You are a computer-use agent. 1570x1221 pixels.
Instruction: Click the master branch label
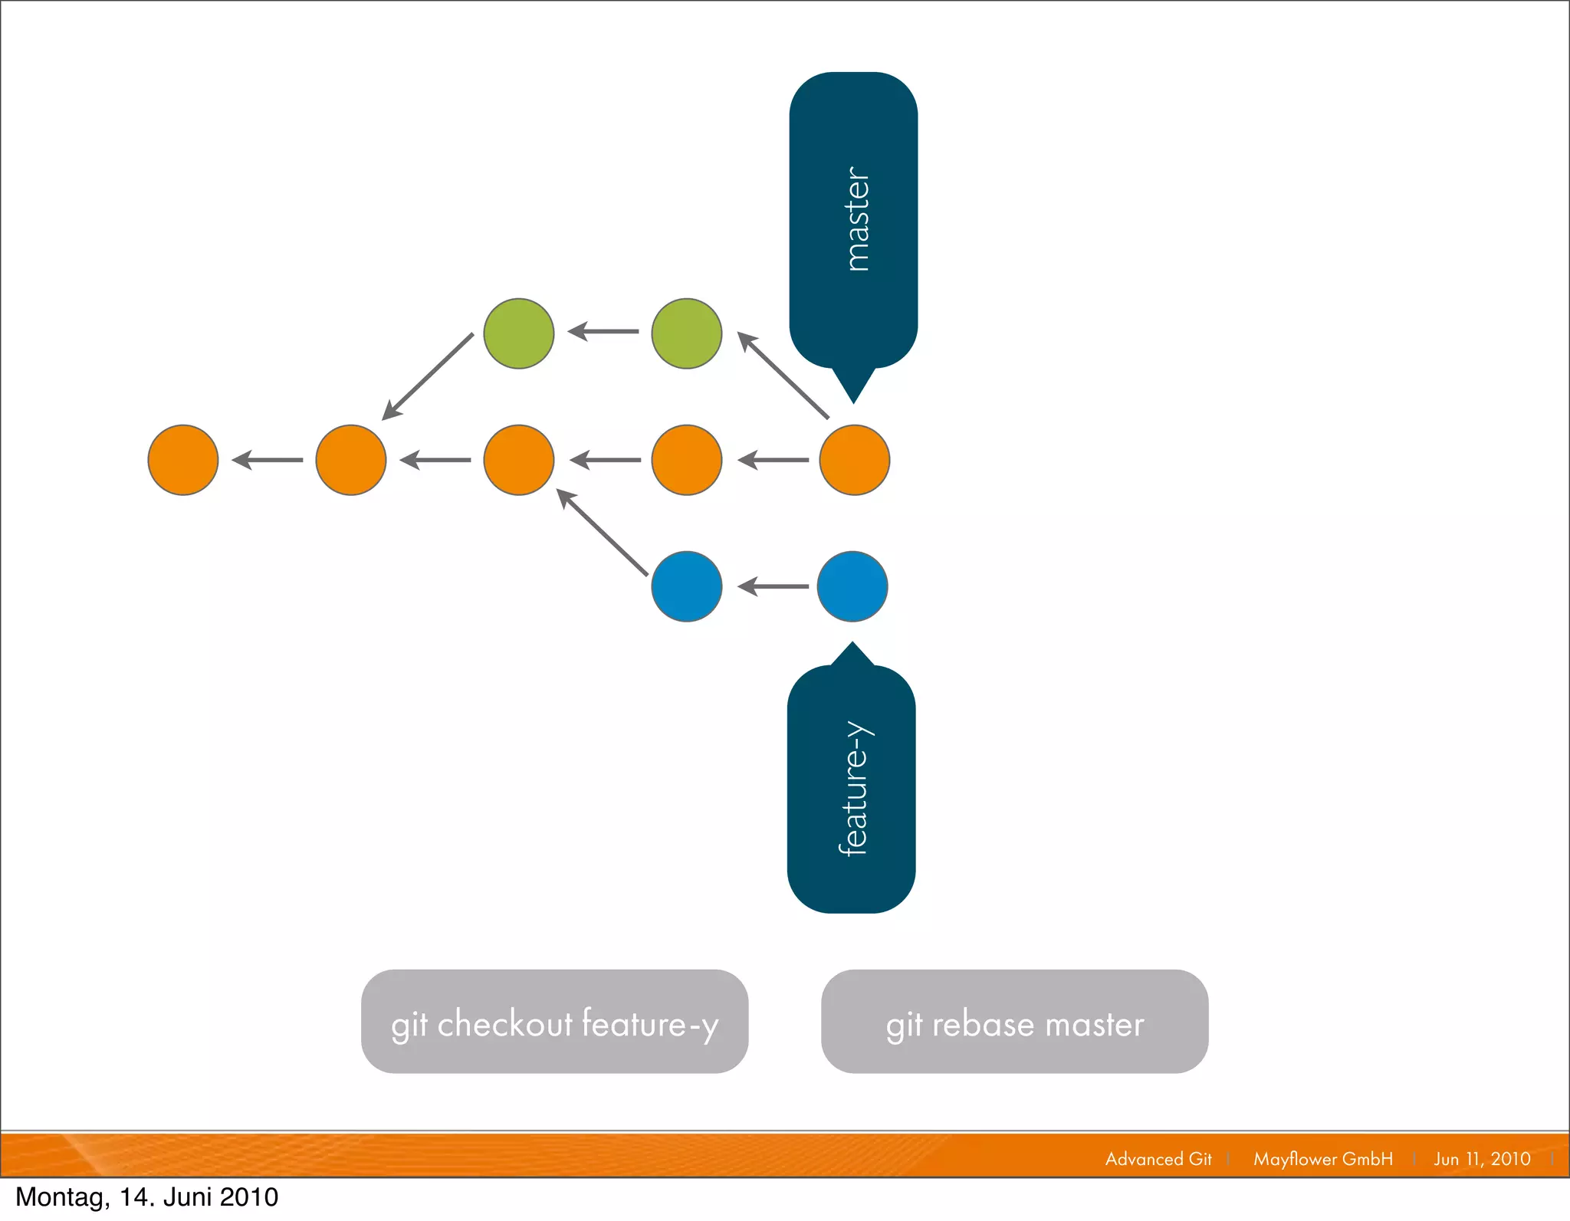tap(853, 220)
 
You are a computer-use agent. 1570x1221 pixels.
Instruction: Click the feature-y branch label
tap(852, 789)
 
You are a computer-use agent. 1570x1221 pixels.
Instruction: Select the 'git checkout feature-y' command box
tap(554, 1022)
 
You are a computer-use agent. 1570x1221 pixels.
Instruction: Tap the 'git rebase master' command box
tap(1014, 1022)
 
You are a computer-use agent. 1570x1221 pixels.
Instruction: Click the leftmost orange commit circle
tap(183, 460)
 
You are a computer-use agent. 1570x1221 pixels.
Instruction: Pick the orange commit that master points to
tap(854, 460)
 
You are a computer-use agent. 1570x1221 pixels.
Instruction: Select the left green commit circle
tap(519, 333)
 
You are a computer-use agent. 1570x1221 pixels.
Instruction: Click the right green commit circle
tap(687, 333)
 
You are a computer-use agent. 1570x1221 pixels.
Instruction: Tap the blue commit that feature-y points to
tap(852, 586)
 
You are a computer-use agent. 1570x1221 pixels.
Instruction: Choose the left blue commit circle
tap(687, 586)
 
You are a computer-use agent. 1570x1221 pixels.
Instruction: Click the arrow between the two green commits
tap(603, 332)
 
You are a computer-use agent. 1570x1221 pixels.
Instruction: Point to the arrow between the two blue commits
tap(773, 586)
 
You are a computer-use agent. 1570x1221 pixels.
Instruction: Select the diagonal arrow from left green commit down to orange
tap(428, 376)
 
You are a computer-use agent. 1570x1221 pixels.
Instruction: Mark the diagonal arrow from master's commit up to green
tap(783, 375)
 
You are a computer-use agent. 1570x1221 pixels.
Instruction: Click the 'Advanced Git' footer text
tap(1158, 1159)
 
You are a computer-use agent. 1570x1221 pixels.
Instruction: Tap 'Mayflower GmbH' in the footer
tap(1323, 1159)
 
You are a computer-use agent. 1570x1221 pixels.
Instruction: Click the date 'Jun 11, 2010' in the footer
tap(1482, 1159)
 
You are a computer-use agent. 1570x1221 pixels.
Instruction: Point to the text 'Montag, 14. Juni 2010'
tap(147, 1197)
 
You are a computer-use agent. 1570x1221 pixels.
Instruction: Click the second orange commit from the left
tap(351, 460)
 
